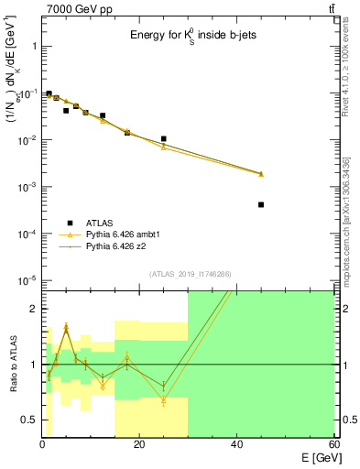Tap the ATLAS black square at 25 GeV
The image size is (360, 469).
(x=163, y=139)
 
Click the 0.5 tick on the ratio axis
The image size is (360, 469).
(x=29, y=420)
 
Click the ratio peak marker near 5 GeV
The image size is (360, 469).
(x=66, y=327)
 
